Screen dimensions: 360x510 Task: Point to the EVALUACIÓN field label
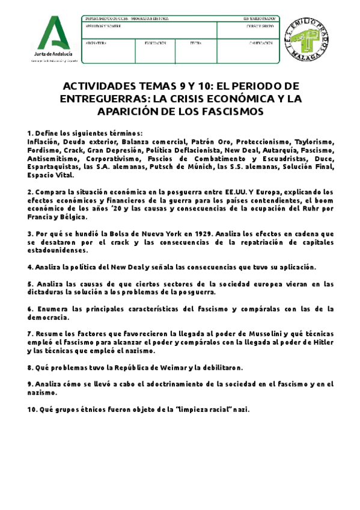tap(155, 43)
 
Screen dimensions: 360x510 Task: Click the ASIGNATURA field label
tap(97, 43)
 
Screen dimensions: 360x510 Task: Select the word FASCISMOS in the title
tap(216, 112)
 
